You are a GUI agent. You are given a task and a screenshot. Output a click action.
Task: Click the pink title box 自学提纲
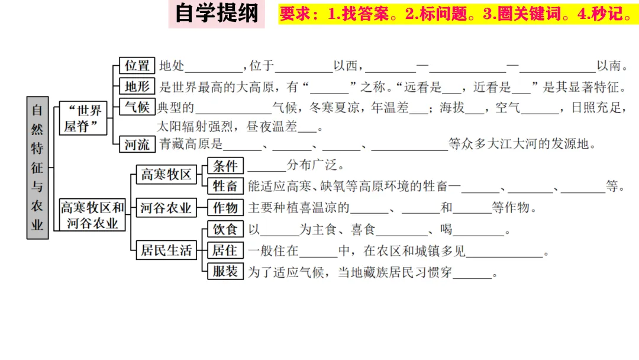(x=217, y=14)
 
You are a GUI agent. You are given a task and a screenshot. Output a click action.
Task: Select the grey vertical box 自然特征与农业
(x=37, y=167)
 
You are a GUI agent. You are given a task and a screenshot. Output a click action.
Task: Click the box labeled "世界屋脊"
(x=82, y=118)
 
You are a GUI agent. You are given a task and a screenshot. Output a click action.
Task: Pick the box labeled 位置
(x=137, y=66)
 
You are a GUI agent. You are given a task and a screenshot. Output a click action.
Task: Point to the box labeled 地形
(x=137, y=87)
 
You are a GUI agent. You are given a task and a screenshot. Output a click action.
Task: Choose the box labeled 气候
(x=137, y=108)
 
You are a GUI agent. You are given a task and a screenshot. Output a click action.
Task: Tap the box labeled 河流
(x=137, y=144)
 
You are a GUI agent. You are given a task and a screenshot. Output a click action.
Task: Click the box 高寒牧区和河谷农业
(x=92, y=215)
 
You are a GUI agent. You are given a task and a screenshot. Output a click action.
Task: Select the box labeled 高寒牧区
(x=166, y=174)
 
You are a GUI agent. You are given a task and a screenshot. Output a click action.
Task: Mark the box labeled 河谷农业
(x=166, y=208)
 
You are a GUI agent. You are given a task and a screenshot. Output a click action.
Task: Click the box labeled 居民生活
(x=166, y=250)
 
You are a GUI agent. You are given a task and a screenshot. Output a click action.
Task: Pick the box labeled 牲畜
(x=225, y=186)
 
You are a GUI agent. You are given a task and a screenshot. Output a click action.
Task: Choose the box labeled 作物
(x=225, y=208)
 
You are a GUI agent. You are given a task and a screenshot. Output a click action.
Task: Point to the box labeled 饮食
(x=225, y=230)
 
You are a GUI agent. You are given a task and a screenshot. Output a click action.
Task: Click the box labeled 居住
(x=225, y=250)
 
